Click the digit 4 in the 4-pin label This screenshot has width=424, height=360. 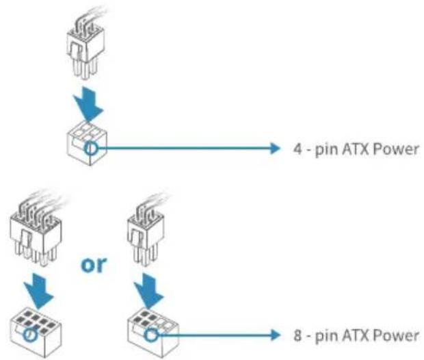point(298,149)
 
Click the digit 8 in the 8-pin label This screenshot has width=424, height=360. point(297,335)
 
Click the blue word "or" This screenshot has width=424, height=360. point(94,264)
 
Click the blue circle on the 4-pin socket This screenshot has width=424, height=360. point(90,148)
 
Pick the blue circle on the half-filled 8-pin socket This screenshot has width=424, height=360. point(150,335)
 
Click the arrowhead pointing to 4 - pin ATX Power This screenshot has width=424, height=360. point(276,149)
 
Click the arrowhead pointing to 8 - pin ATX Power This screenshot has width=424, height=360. point(276,335)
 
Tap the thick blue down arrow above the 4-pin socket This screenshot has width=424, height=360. point(88,104)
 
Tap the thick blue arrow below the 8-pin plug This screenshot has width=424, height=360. point(38,291)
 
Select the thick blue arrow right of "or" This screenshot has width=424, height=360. point(149,291)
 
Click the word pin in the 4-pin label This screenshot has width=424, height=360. point(326,150)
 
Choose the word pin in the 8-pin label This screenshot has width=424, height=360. point(326,337)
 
